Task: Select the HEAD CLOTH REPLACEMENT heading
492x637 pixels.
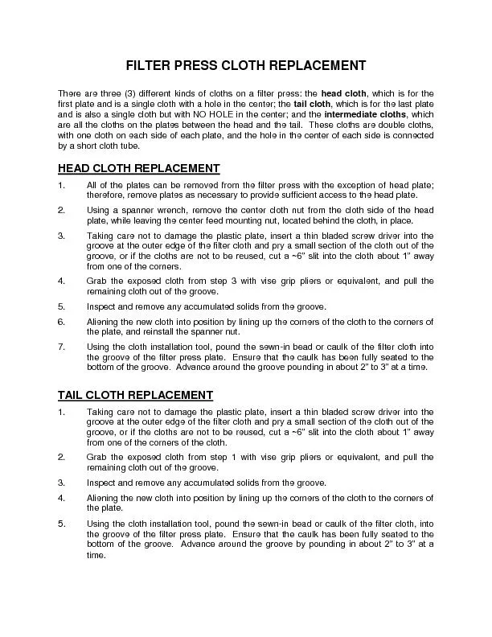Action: point(139,168)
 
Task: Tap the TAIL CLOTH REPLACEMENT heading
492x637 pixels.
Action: point(136,395)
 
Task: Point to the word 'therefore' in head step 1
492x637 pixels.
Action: point(104,195)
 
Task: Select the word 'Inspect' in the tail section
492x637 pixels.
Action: point(102,483)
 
